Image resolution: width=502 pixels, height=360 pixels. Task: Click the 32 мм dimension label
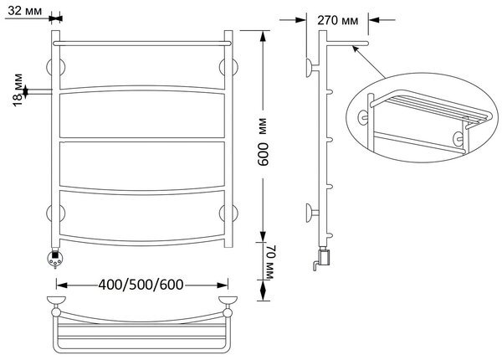click(24, 11)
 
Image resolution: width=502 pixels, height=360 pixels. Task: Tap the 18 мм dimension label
click(18, 90)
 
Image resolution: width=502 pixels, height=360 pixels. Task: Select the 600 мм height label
click(264, 141)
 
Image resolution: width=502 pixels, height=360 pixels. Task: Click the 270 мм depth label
click(338, 20)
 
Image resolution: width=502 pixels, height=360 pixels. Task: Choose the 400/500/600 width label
click(141, 285)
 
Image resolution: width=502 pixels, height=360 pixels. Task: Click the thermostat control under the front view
click(55, 259)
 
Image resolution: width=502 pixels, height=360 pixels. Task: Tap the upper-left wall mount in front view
click(56, 68)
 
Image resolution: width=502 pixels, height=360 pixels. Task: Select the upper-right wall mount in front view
click(228, 68)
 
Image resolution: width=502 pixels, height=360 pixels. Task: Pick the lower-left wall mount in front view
click(56, 213)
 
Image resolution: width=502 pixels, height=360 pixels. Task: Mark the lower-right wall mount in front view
click(228, 213)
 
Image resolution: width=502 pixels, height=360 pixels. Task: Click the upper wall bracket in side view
click(312, 68)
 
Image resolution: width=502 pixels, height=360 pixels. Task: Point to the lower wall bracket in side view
click(312, 213)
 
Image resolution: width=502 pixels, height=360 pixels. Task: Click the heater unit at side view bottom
click(323, 258)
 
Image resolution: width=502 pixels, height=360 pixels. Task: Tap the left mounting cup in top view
click(56, 301)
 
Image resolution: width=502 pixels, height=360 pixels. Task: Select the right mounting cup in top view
click(228, 301)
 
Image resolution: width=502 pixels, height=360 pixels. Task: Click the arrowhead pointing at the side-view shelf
click(355, 49)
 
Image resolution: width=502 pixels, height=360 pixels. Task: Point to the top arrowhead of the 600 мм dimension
click(263, 35)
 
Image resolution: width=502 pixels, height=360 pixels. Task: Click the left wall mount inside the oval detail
click(363, 117)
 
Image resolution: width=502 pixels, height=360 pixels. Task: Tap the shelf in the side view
click(347, 43)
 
